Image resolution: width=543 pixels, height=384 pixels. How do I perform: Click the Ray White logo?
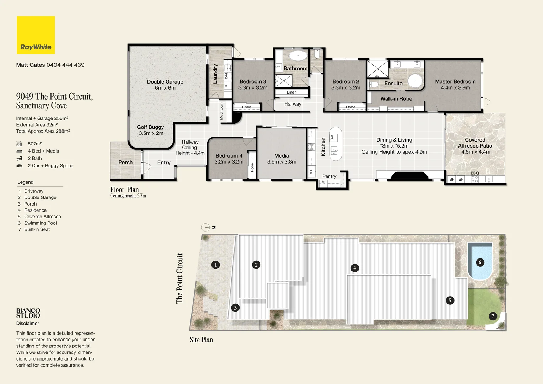pyautogui.click(x=36, y=35)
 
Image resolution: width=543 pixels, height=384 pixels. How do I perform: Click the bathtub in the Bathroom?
pyautogui.click(x=297, y=56)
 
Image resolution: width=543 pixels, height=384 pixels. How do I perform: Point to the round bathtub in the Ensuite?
pyautogui.click(x=415, y=81)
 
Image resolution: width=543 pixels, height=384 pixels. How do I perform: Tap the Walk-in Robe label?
pyautogui.click(x=396, y=99)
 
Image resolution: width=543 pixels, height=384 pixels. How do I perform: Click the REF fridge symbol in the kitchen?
pyautogui.click(x=311, y=172)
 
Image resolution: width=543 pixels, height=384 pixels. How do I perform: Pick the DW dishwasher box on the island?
pyautogui.click(x=332, y=138)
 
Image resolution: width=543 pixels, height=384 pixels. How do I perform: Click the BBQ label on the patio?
pyautogui.click(x=474, y=173)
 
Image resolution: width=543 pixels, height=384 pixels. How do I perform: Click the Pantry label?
pyautogui.click(x=329, y=176)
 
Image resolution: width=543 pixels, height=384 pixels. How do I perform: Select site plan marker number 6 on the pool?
pyautogui.click(x=480, y=263)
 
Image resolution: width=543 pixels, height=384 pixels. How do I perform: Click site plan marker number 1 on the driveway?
pyautogui.click(x=215, y=265)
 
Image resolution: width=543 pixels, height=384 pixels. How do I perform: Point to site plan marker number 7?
pyautogui.click(x=493, y=316)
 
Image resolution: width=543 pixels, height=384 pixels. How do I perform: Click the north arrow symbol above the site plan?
pyautogui.click(x=206, y=228)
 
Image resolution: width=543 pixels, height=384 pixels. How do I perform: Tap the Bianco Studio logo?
pyautogui.click(x=28, y=313)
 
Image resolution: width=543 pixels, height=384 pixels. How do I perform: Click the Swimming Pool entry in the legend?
pyautogui.click(x=40, y=223)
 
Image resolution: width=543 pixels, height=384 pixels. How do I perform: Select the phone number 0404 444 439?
pyautogui.click(x=65, y=65)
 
